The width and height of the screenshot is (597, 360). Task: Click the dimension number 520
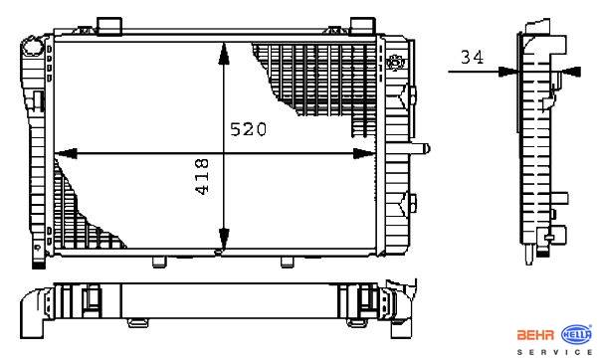tap(248, 129)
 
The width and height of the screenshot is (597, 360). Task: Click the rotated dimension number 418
tap(202, 177)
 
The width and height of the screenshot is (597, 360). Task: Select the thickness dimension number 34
tap(472, 57)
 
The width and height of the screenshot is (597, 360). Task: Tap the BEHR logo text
tap(535, 335)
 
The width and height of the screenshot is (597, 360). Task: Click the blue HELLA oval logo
tap(577, 334)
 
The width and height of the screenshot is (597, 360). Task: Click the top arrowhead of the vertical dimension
tap(224, 54)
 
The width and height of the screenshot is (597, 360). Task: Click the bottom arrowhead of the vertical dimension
tap(224, 240)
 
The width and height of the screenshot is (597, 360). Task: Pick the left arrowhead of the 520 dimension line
tap(66, 153)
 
